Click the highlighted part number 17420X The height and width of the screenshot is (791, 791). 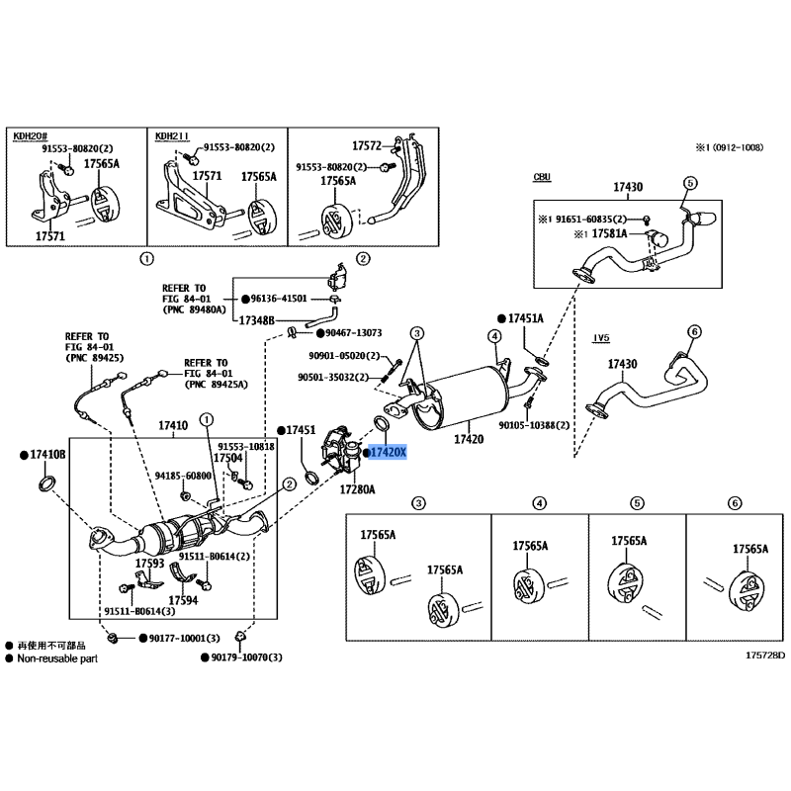pos(387,453)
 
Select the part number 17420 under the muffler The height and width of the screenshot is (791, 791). pos(469,439)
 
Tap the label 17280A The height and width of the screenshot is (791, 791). pos(358,489)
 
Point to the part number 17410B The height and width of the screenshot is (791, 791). pos(47,454)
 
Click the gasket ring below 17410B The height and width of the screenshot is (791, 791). pos(45,484)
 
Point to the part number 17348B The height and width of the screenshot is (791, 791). pos(256,320)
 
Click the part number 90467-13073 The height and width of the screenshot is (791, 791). pos(353,333)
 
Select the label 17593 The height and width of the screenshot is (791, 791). pos(150,564)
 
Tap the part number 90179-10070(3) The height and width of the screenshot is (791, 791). pos(246,658)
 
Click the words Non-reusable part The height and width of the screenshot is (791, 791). pos(57,657)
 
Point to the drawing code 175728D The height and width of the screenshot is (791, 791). pos(764,656)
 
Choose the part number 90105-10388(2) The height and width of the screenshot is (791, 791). pos(535,425)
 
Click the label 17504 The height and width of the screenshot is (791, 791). pos(228,459)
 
